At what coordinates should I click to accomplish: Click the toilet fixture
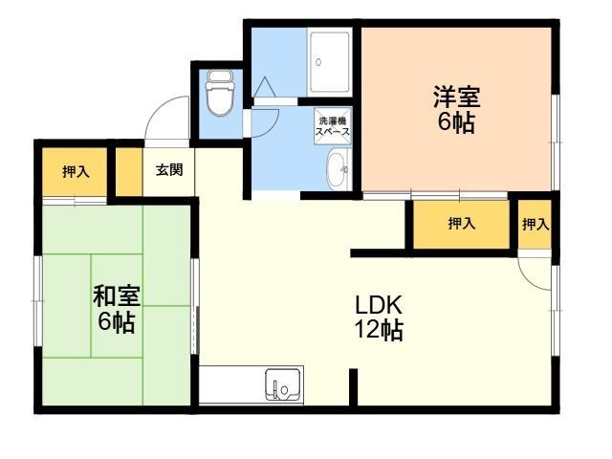click(220, 93)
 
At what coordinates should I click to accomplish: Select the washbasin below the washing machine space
click(338, 170)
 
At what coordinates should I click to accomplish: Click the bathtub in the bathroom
click(329, 61)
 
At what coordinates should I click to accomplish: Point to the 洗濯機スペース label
click(333, 125)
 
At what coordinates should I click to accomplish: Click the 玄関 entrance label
click(169, 170)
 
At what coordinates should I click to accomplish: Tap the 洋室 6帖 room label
click(456, 109)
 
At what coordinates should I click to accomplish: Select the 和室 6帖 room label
click(117, 309)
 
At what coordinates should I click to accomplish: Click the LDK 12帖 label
click(379, 317)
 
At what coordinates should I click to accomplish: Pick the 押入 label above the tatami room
click(76, 171)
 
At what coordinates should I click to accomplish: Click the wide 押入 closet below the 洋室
click(461, 224)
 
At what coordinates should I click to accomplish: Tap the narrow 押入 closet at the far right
click(535, 224)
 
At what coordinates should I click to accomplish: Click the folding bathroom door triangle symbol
click(265, 87)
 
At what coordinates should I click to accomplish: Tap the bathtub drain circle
click(318, 62)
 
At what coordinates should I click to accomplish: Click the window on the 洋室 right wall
click(556, 142)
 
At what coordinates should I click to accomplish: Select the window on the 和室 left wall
click(38, 301)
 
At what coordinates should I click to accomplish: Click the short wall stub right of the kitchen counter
click(353, 387)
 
